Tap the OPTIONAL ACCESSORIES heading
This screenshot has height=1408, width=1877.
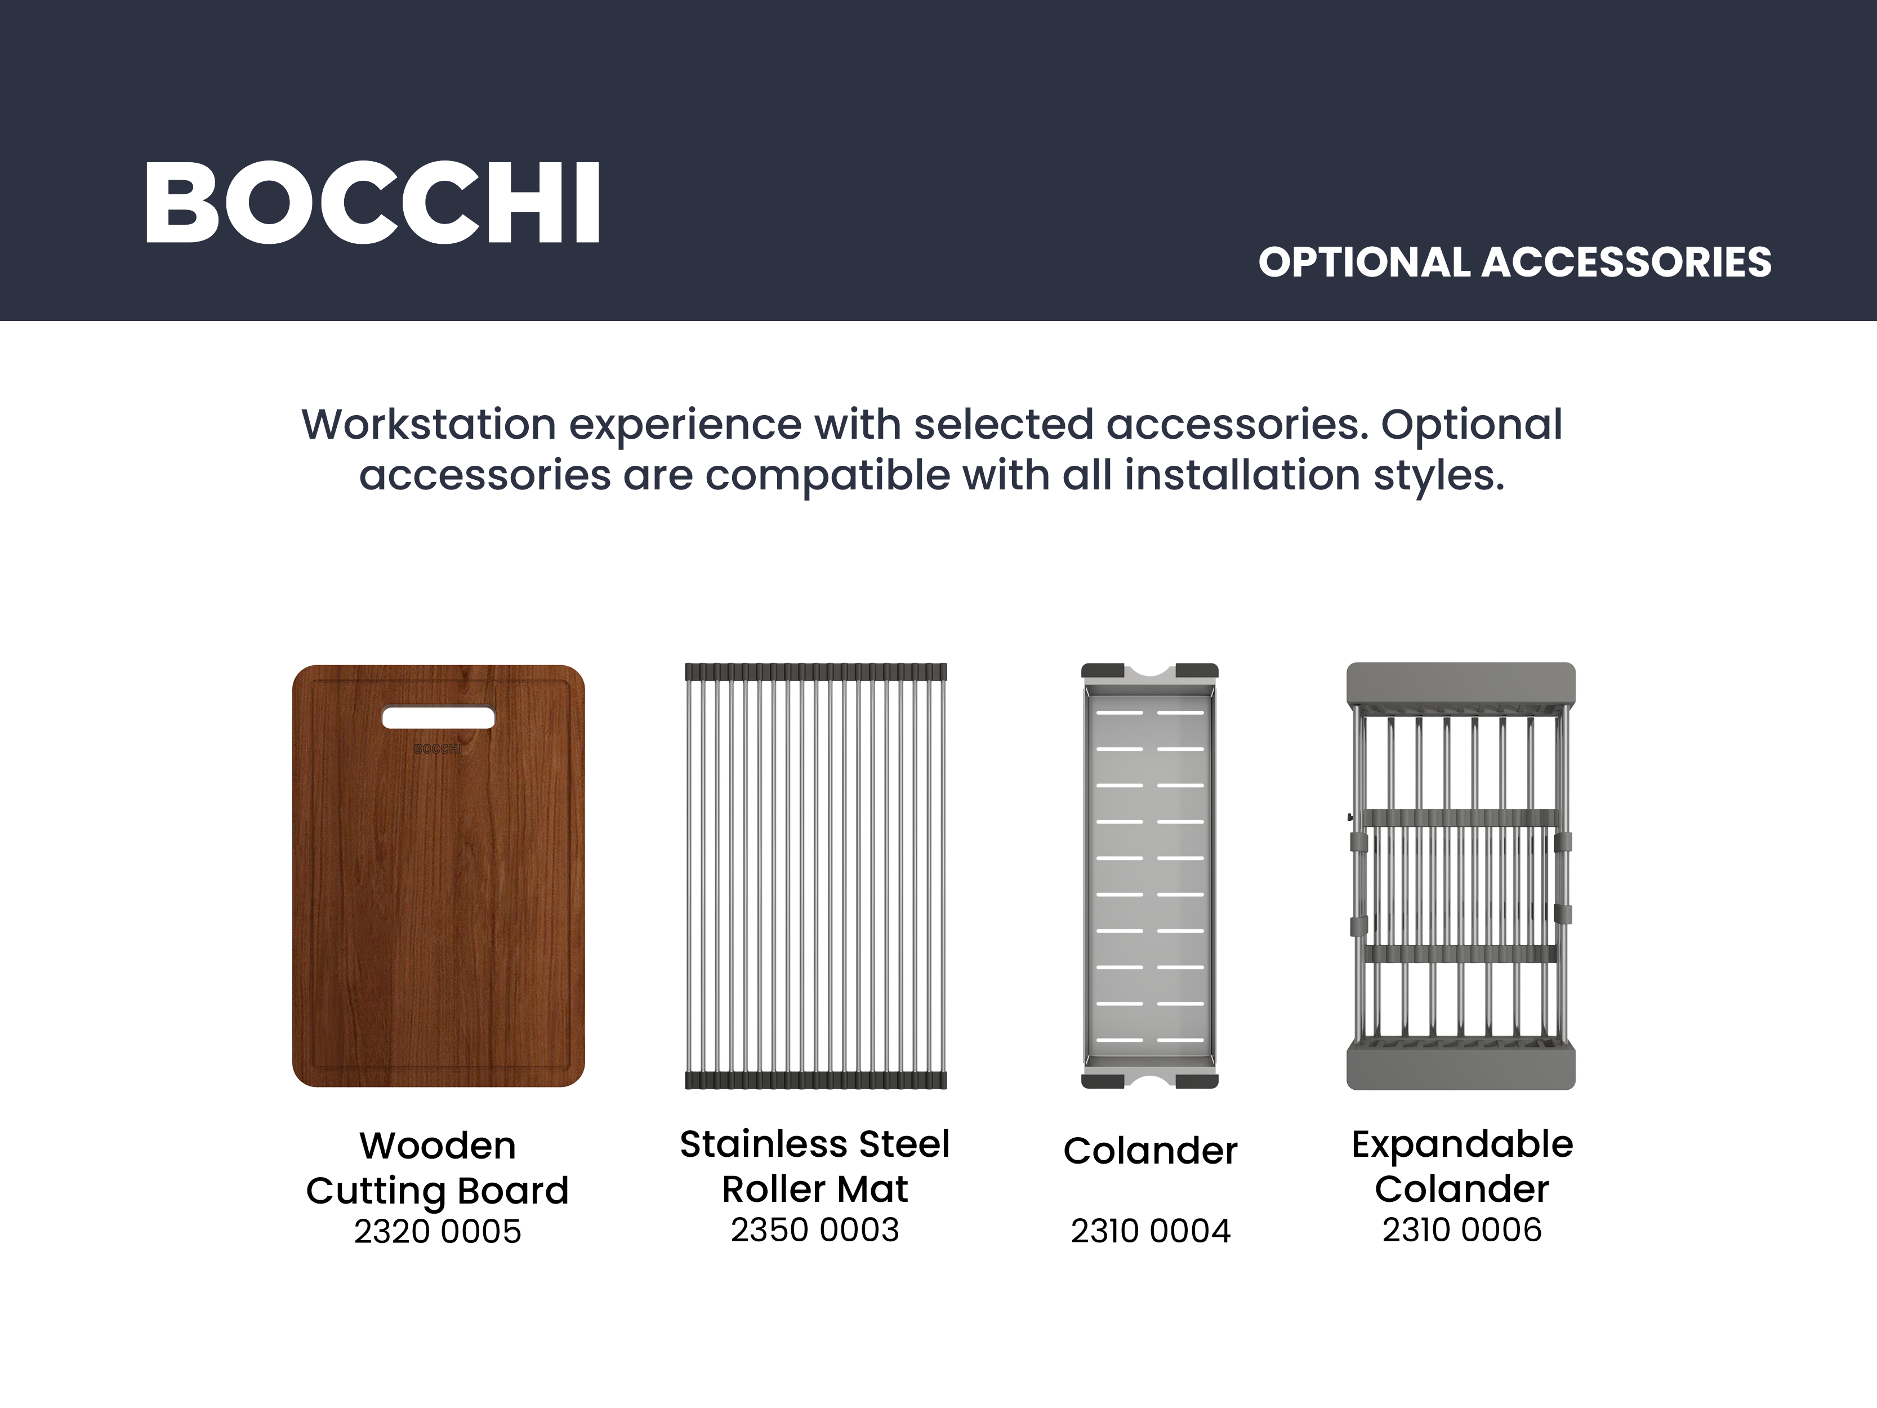coord(1515,262)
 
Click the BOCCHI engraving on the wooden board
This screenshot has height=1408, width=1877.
coord(438,748)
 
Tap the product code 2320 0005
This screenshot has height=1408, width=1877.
coord(438,1232)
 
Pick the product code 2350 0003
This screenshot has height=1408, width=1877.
coord(815,1230)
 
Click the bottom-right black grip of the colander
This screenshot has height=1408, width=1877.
coord(1197,1081)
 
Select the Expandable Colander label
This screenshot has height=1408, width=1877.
coord(1462,1166)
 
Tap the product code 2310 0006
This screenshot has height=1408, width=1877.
coord(1462,1230)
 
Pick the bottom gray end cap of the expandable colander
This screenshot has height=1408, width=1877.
coord(1461,1068)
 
